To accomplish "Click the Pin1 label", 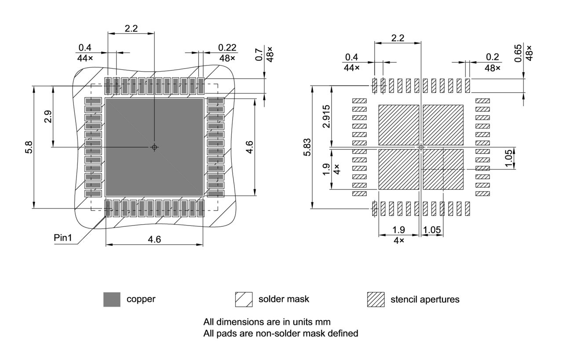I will click(62, 238).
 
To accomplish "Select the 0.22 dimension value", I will click(227, 47).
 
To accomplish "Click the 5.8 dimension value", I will click(28, 147).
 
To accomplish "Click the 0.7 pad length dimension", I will click(260, 55).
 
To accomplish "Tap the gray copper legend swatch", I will click(112, 299).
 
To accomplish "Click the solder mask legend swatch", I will click(244, 299).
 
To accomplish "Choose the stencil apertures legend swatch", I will click(376, 299).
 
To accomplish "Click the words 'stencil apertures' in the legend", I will click(425, 299).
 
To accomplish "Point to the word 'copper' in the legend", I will click(141, 299).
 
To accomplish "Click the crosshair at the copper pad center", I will click(154, 147).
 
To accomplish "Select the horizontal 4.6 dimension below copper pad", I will click(154, 239).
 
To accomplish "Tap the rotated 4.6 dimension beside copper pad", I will click(249, 147).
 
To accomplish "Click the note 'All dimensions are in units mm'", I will click(267, 322).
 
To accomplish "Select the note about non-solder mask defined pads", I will click(281, 333).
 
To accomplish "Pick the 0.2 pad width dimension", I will click(492, 57).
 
